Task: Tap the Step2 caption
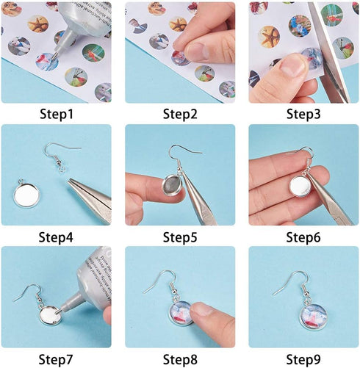click(x=180, y=113)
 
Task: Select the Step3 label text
click(x=303, y=113)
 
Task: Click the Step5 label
click(x=180, y=236)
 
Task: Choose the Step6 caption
click(x=303, y=236)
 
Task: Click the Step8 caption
click(x=180, y=358)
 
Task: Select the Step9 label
click(x=303, y=358)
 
